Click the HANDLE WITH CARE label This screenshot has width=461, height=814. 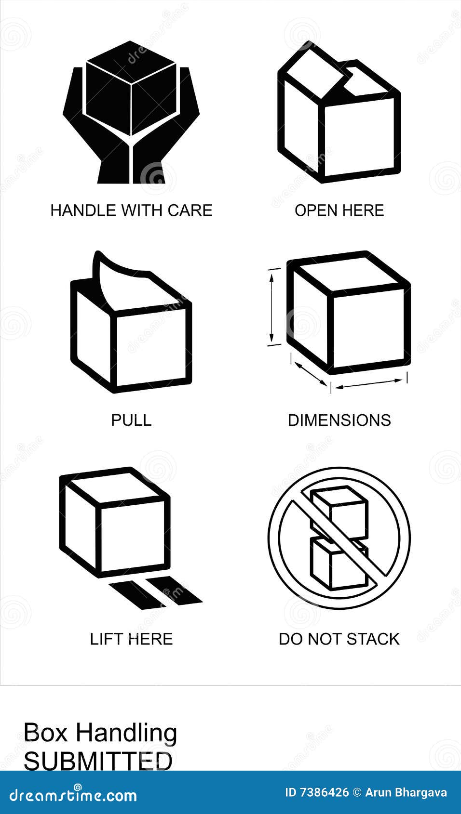click(x=131, y=210)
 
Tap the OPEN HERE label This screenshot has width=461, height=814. click(x=339, y=210)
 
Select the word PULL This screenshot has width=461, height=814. click(x=131, y=420)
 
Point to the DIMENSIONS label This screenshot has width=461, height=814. click(x=339, y=420)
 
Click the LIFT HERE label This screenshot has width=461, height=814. click(x=131, y=639)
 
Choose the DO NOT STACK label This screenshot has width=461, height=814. click(x=339, y=639)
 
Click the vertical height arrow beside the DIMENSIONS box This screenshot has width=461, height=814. click(x=272, y=307)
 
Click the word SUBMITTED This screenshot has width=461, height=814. click(x=98, y=761)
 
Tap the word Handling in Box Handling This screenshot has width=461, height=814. click(x=126, y=734)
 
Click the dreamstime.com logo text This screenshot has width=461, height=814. click(x=73, y=795)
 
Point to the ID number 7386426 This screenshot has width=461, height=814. click(x=324, y=792)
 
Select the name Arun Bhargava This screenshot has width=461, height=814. click(x=406, y=792)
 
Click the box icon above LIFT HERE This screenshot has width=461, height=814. click(x=116, y=523)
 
